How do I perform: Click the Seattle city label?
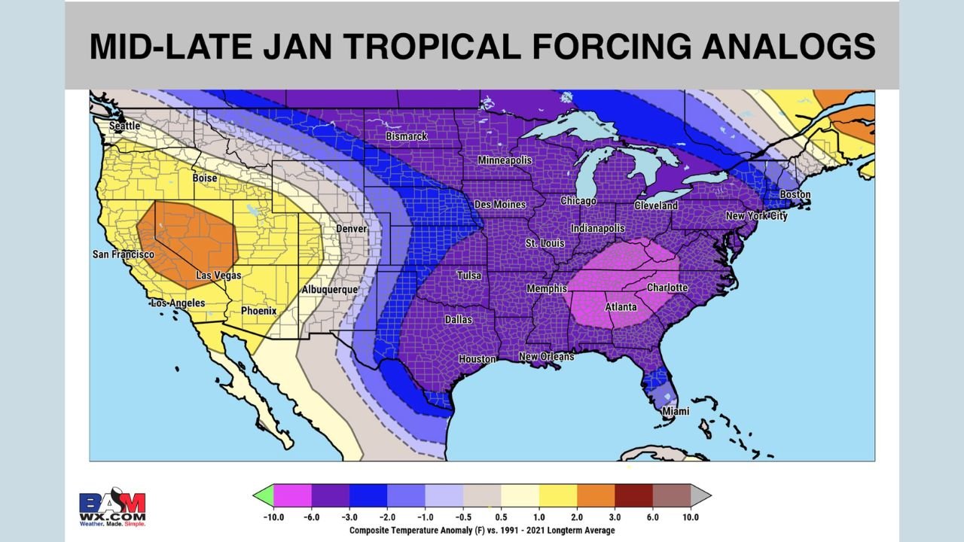tap(125, 126)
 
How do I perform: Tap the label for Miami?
tap(675, 412)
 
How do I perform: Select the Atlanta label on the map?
tap(621, 307)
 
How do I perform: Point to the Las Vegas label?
tap(218, 276)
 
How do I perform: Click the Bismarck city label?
tap(407, 136)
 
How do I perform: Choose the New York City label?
tap(756, 216)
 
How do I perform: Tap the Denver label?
tap(352, 228)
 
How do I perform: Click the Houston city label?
tap(477, 359)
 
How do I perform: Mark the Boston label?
tap(795, 195)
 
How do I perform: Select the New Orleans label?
tap(547, 356)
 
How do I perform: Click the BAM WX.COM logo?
tap(112, 509)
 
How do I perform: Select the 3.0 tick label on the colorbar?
tap(615, 517)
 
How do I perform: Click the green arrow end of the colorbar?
tap(263, 495)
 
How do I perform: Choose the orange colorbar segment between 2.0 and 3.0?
tap(596, 495)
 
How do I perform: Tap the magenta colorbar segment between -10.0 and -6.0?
tap(292, 495)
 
